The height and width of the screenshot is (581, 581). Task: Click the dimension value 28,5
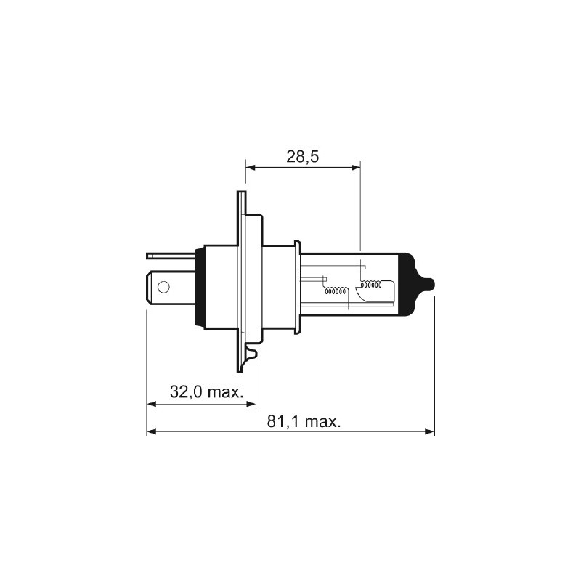pyautogui.click(x=304, y=155)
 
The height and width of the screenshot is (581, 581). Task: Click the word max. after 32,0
pyautogui.click(x=225, y=392)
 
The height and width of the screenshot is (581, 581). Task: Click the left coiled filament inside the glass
pyautogui.click(x=336, y=291)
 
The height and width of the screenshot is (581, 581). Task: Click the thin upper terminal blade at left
pyautogui.click(x=171, y=255)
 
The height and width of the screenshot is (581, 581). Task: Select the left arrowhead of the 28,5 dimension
pyautogui.click(x=251, y=167)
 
